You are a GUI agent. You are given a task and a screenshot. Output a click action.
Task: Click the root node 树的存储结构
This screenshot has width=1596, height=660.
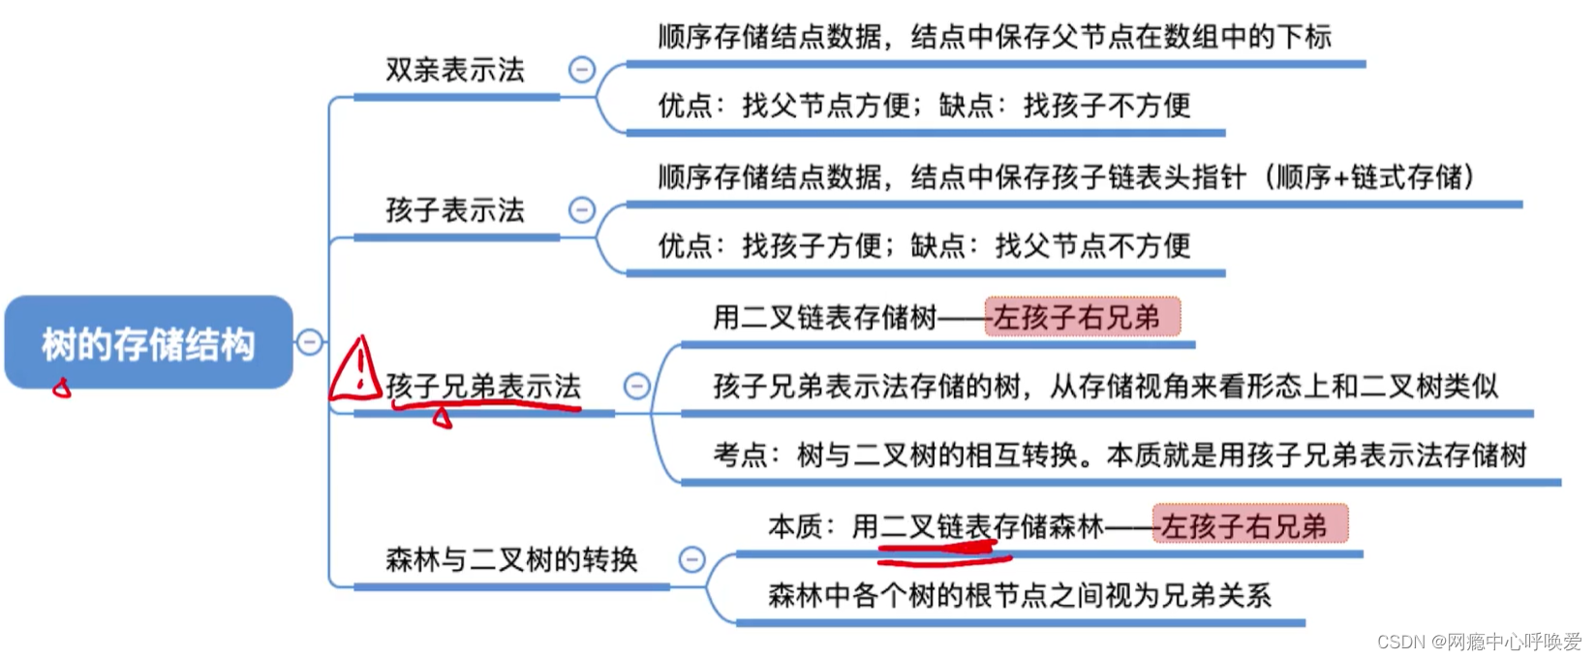pyautogui.click(x=148, y=343)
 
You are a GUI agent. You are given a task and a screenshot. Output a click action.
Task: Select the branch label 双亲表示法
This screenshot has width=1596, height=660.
pyautogui.click(x=454, y=70)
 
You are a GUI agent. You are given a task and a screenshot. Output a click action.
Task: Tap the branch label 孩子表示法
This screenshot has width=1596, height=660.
pyautogui.click(x=454, y=210)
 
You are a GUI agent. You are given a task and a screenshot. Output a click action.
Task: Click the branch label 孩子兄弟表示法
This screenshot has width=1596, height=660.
pyautogui.click(x=483, y=386)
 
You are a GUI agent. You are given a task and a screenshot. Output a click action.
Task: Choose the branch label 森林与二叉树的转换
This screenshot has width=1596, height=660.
pyautogui.click(x=511, y=559)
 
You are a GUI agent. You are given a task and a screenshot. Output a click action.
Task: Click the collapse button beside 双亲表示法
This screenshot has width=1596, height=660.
pyautogui.click(x=581, y=70)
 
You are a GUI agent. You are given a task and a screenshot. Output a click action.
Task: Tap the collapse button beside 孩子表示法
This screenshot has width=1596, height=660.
pyautogui.click(x=581, y=210)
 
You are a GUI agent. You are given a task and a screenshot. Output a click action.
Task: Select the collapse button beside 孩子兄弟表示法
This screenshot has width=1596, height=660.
pyautogui.click(x=636, y=387)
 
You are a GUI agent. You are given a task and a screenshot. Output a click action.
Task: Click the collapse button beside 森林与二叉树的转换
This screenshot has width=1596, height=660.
pyautogui.click(x=691, y=559)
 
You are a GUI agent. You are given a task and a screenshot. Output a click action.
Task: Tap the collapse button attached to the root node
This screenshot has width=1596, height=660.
pyautogui.click(x=309, y=342)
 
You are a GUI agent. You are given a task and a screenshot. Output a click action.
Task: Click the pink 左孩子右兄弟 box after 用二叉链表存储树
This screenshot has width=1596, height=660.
pyautogui.click(x=1083, y=317)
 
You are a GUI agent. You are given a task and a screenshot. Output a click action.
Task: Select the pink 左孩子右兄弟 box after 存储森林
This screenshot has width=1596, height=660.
pyautogui.click(x=1249, y=525)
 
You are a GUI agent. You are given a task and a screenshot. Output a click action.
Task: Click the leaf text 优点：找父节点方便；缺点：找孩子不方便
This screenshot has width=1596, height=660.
pyautogui.click(x=924, y=105)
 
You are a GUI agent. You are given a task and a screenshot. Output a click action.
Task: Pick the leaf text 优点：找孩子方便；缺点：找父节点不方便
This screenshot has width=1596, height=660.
pyautogui.click(x=924, y=245)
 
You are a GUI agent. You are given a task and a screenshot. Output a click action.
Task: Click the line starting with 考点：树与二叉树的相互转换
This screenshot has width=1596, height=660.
pyautogui.click(x=1119, y=455)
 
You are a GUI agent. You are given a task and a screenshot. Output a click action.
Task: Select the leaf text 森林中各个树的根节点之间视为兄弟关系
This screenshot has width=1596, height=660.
pyautogui.click(x=1019, y=595)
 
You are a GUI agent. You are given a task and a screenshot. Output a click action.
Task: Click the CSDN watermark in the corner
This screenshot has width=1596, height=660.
pyautogui.click(x=1478, y=642)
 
